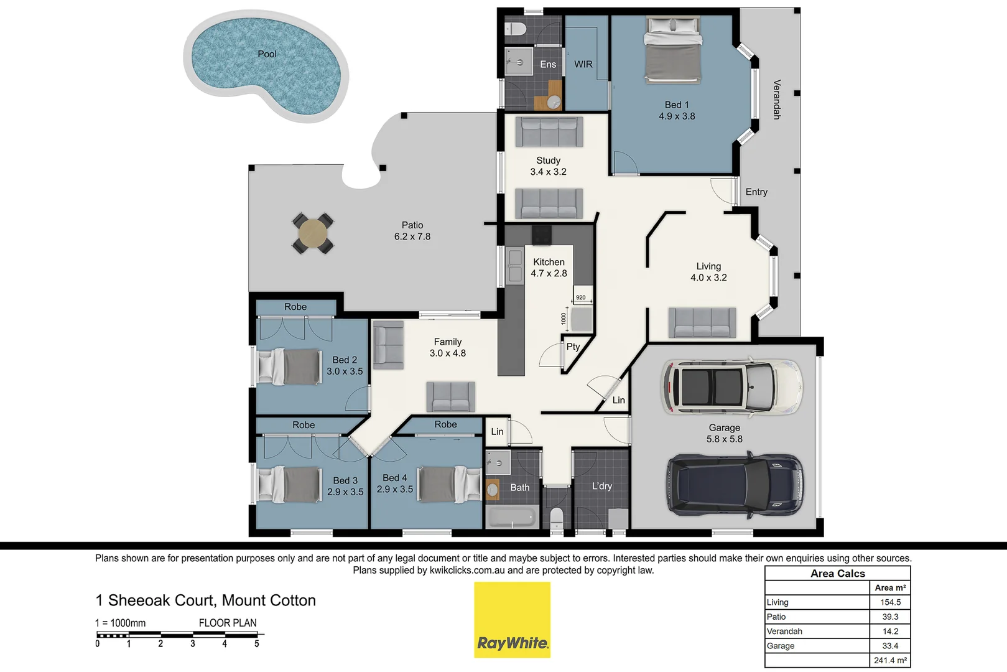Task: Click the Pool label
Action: click(267, 54)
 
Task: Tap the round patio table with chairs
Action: click(313, 233)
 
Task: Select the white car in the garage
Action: click(731, 387)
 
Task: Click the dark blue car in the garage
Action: click(735, 486)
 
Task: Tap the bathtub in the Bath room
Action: click(512, 517)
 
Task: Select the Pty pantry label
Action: click(573, 347)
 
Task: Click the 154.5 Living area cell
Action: click(890, 602)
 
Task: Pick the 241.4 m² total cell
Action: click(890, 660)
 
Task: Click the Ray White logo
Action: click(512, 620)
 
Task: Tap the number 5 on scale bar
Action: click(256, 644)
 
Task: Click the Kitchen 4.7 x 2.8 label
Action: click(549, 268)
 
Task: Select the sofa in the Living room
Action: click(702, 323)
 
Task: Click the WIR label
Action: click(583, 64)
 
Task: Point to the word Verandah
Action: click(776, 99)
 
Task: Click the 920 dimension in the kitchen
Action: click(580, 297)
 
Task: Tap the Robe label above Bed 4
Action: click(445, 424)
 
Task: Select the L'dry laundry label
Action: click(601, 486)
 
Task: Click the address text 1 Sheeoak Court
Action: click(205, 600)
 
